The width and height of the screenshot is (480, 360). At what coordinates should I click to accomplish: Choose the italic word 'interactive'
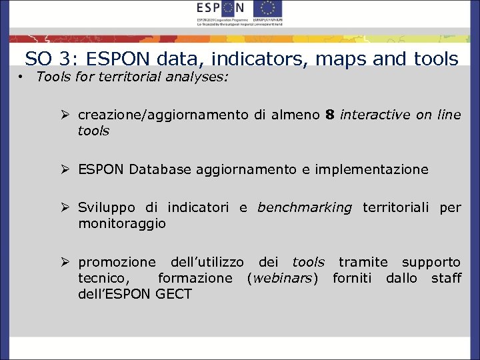pos(375,115)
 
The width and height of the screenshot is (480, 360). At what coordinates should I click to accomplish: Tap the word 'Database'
pos(160,169)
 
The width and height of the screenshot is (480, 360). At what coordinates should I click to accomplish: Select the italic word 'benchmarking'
pos(304,207)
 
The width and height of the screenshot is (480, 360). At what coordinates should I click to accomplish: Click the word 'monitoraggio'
pos(121,223)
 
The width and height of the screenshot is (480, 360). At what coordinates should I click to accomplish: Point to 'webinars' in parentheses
pos(287,278)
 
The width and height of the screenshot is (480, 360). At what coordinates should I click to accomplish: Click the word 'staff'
pos(446,278)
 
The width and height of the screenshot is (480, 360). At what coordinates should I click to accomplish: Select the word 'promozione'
pos(117,262)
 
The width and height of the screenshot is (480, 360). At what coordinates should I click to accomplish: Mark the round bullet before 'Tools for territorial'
pos(22,77)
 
